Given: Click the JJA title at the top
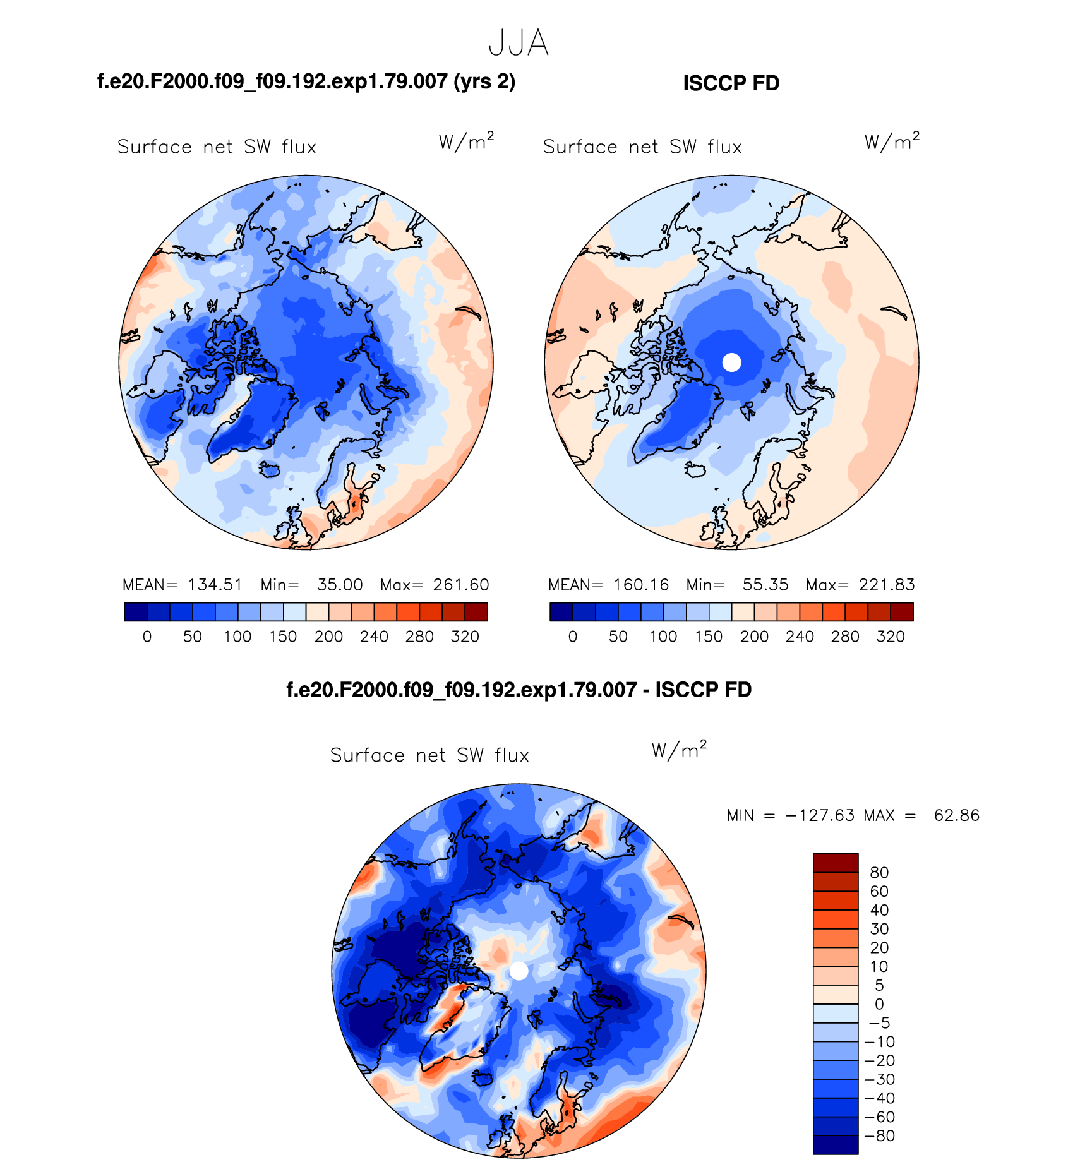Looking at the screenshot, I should [519, 44].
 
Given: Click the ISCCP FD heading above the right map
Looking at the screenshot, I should [731, 83].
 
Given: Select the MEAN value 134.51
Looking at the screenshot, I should [215, 585].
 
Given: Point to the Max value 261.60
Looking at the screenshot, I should [461, 585].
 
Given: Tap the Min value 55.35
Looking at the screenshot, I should [765, 585].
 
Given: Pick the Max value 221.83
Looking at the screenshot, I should [887, 585].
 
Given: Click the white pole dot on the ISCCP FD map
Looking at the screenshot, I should [731, 362].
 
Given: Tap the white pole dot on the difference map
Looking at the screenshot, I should [519, 971].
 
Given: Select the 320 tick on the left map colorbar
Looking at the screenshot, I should [465, 637].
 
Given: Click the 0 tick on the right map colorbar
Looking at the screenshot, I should [573, 637].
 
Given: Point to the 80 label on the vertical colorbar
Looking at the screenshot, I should [879, 873].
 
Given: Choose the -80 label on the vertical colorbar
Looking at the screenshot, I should [880, 1136].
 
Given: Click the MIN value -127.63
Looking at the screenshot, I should [820, 815].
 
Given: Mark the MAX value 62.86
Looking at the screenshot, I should [957, 815].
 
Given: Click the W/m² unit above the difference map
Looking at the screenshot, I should [679, 750].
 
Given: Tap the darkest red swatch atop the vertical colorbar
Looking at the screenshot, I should [835, 863].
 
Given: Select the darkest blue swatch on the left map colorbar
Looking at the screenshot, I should [136, 612].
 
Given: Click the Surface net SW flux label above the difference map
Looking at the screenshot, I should [429, 755].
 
